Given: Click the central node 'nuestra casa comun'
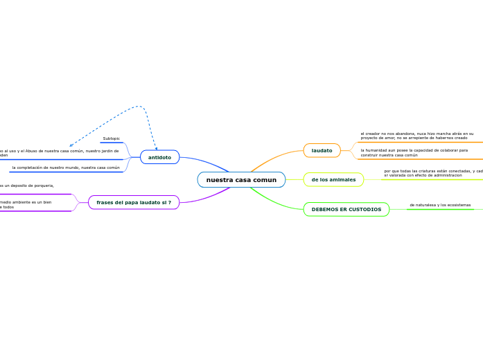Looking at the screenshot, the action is (241, 180).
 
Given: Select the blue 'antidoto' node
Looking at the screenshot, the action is (159, 157).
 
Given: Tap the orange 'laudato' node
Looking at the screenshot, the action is (322, 150).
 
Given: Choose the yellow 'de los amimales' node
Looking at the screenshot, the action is (333, 180).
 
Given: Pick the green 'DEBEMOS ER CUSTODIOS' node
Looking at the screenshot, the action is (346, 209).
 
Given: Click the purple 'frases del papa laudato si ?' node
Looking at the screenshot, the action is (134, 202).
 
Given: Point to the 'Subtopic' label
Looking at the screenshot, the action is (111, 138).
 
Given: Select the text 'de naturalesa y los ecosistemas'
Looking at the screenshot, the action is (440, 205).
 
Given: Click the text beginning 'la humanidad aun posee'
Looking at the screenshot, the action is (414, 152).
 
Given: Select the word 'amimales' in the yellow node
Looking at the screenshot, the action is (342, 180).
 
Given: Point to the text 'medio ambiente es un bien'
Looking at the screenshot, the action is (26, 202).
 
